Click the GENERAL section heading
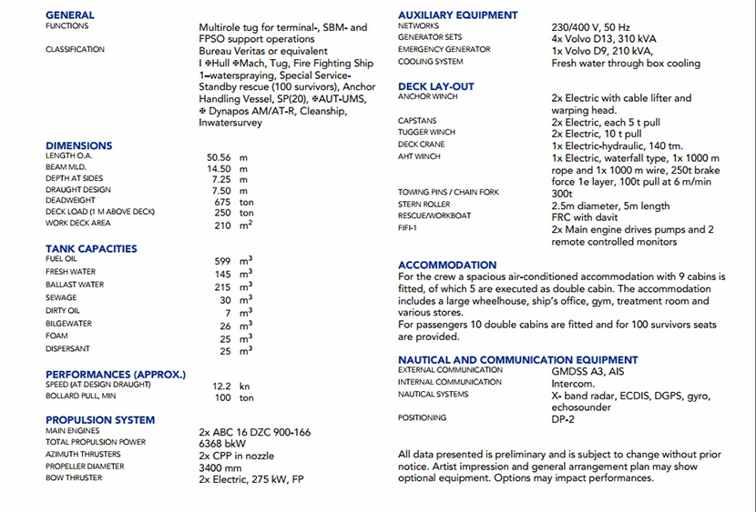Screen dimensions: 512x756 (x=70, y=15)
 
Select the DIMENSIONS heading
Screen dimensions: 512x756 (x=79, y=146)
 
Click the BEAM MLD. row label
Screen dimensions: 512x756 (x=66, y=167)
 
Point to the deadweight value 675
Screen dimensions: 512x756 (x=222, y=202)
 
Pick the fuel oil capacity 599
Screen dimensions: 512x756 (x=222, y=261)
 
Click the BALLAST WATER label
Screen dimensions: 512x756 (x=75, y=285)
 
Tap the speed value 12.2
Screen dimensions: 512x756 (x=221, y=386)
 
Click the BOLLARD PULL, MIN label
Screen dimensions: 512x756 (x=81, y=397)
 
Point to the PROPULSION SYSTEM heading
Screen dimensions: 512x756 (x=100, y=420)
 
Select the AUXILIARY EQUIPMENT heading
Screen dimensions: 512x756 (x=457, y=15)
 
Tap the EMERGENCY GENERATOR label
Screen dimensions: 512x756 (x=444, y=49)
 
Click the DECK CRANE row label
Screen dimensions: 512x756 (x=421, y=145)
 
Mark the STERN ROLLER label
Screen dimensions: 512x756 (x=424, y=204)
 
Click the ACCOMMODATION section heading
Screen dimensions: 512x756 (x=447, y=265)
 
